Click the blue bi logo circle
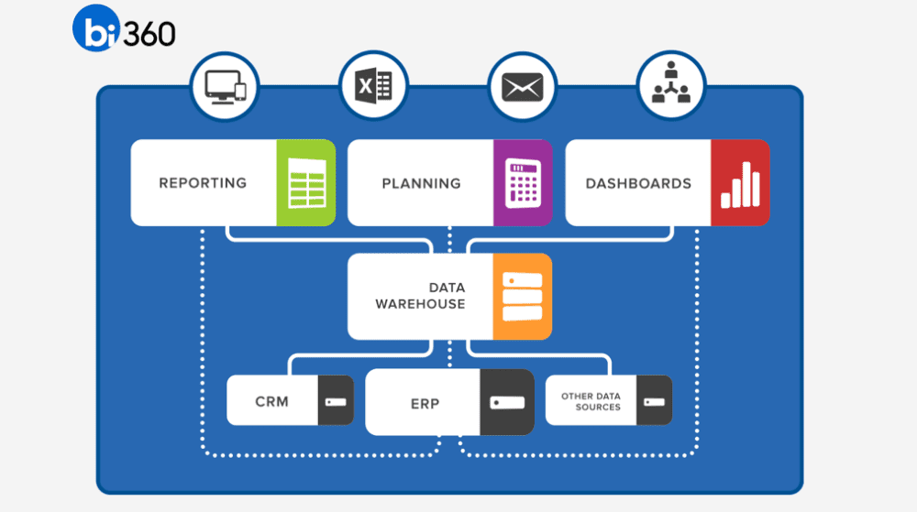(97, 30)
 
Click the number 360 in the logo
(148, 33)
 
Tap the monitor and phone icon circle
(225, 87)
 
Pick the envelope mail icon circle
(522, 87)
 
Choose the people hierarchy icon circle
(670, 87)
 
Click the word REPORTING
(203, 183)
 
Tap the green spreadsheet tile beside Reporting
(306, 183)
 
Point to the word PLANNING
(421, 183)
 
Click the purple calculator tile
(524, 183)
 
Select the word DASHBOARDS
(638, 183)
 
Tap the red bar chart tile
(741, 183)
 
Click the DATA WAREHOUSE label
(420, 296)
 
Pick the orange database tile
(523, 296)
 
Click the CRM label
(271, 400)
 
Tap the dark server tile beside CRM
(336, 400)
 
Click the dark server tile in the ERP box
(507, 402)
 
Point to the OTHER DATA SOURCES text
(591, 401)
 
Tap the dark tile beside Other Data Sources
(654, 400)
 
